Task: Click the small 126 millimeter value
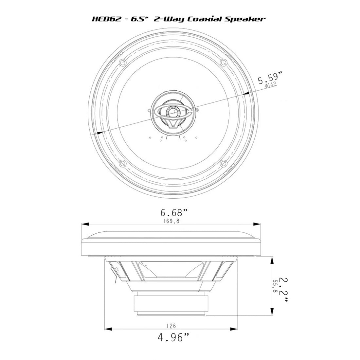[171, 326]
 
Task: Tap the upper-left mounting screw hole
[122, 62]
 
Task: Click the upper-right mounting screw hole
[223, 62]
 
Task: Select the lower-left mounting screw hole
[122, 163]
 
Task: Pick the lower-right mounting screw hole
[223, 163]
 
